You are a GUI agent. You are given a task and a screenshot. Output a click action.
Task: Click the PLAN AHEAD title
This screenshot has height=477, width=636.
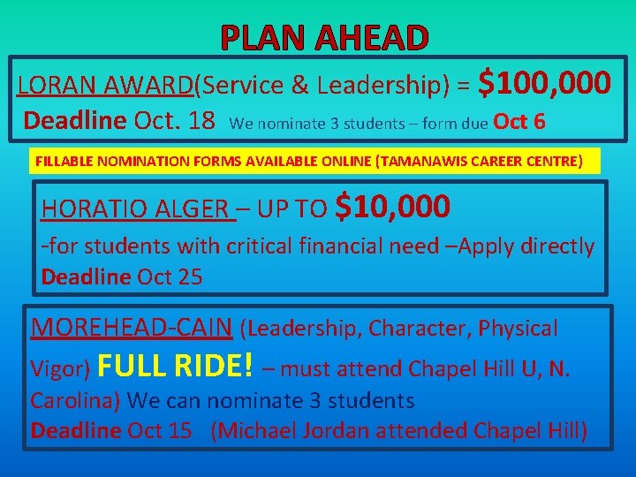click(x=324, y=37)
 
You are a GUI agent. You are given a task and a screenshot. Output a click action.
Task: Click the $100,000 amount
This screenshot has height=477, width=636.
click(x=543, y=84)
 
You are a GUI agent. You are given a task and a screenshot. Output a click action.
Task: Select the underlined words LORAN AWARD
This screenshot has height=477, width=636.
click(x=106, y=86)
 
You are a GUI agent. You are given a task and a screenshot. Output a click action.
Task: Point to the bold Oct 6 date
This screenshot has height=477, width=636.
click(x=519, y=122)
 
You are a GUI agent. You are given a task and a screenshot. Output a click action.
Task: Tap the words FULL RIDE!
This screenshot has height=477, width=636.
click(x=178, y=365)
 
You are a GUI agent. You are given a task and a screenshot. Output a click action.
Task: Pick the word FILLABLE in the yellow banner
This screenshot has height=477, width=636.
click(x=64, y=162)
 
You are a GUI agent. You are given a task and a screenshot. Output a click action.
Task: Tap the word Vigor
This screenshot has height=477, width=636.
click(x=57, y=368)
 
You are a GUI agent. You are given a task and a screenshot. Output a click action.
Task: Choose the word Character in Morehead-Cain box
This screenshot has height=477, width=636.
click(x=419, y=329)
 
